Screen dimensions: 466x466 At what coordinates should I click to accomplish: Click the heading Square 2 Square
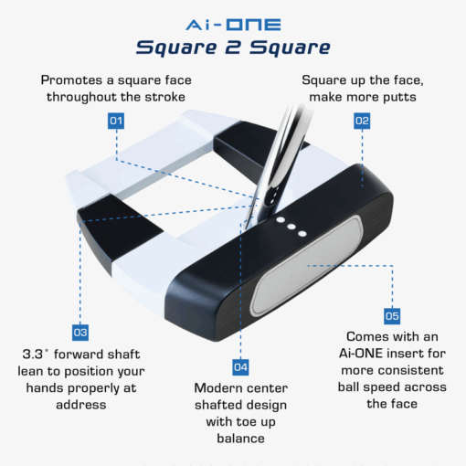(232, 46)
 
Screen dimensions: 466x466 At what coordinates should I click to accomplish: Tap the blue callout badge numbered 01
(116, 121)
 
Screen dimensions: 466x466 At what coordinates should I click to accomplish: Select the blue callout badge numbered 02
(362, 121)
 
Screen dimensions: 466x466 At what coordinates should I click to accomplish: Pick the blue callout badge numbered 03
(80, 333)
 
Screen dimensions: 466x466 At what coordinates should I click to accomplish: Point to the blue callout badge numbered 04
(240, 366)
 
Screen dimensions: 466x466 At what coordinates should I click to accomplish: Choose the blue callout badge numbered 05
(391, 316)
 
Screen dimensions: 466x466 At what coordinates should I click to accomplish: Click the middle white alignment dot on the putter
(291, 226)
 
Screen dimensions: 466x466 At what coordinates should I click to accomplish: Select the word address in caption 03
(80, 403)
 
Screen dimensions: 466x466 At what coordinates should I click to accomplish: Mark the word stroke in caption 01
(166, 97)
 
